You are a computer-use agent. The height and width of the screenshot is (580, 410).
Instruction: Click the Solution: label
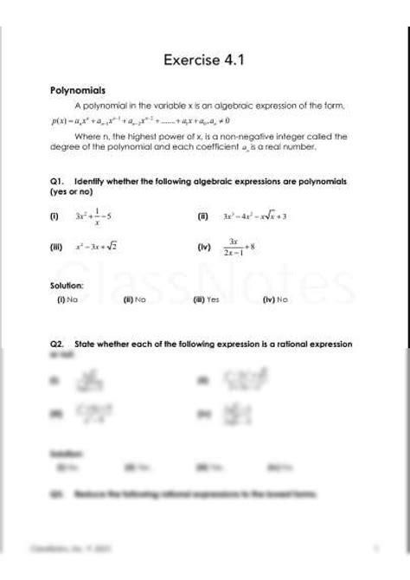click(67, 285)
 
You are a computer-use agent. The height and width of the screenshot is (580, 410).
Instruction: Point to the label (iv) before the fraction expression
click(204, 247)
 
